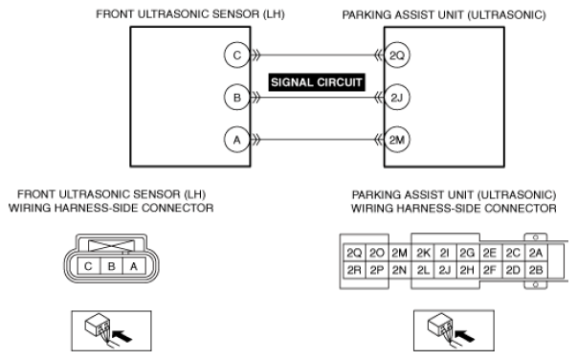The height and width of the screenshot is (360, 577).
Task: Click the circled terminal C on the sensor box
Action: pyautogui.click(x=237, y=56)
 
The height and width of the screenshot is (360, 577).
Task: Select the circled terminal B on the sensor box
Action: pyautogui.click(x=237, y=98)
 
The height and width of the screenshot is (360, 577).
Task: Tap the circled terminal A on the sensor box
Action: pyautogui.click(x=237, y=140)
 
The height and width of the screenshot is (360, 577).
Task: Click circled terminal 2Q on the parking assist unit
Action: pyautogui.click(x=397, y=56)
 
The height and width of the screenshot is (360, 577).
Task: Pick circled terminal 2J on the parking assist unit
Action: pyautogui.click(x=397, y=98)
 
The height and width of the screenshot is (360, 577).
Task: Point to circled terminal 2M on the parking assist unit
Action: pyautogui.click(x=397, y=140)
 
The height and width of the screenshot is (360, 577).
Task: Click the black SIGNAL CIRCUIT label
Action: pyautogui.click(x=317, y=82)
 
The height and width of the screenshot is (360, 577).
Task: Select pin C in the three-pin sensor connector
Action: pyautogui.click(x=88, y=266)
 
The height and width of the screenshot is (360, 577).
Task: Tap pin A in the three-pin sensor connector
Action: pyautogui.click(x=134, y=266)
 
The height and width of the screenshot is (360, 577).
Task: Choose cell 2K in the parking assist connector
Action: pyautogui.click(x=423, y=253)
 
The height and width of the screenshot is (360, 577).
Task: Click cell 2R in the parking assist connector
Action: pyautogui.click(x=354, y=270)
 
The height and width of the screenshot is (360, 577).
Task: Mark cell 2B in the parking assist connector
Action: pyautogui.click(x=536, y=270)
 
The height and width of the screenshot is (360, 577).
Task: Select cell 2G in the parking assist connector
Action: pyautogui.click(x=467, y=253)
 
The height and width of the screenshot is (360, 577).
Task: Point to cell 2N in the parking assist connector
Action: pyautogui.click(x=400, y=270)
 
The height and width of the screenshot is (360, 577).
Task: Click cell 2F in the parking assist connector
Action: pyautogui.click(x=490, y=270)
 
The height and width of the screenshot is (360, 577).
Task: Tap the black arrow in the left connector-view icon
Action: pyautogui.click(x=122, y=336)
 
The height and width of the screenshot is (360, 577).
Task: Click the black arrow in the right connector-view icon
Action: pyautogui.click(x=464, y=336)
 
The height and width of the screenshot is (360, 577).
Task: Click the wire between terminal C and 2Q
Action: pyautogui.click(x=317, y=56)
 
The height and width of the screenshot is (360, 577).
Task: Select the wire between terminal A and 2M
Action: pyautogui.click(x=317, y=140)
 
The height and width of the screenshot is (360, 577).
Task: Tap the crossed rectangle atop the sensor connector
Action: pyautogui.click(x=112, y=246)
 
